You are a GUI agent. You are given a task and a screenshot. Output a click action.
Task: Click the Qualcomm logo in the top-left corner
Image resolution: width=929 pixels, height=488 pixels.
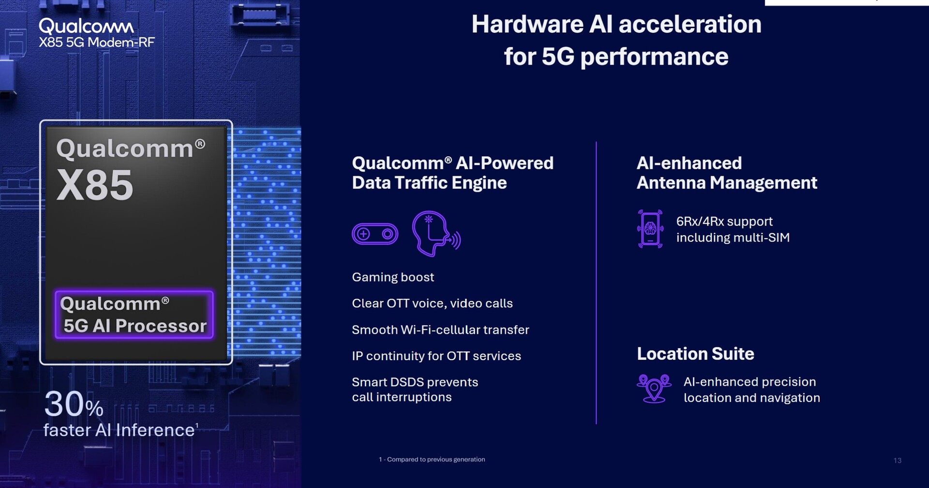pos(87,26)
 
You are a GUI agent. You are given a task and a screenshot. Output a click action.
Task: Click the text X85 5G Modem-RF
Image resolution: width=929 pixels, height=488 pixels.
pos(97,43)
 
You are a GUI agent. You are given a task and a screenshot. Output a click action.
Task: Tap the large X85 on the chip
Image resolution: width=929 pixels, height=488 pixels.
pos(95,185)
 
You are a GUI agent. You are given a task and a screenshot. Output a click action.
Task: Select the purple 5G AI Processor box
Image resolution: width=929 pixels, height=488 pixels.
pos(134,315)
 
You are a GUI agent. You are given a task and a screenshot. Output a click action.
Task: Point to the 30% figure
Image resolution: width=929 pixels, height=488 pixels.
pos(74,404)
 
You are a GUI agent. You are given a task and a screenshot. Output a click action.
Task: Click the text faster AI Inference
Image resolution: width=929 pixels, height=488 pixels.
pos(119,430)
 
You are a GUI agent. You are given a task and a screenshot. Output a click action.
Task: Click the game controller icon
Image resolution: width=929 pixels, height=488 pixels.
pos(375,234)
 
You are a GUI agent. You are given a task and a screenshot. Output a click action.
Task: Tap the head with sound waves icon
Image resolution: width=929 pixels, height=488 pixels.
pos(436,233)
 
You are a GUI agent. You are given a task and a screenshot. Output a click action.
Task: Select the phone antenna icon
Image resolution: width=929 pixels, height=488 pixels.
pos(650,229)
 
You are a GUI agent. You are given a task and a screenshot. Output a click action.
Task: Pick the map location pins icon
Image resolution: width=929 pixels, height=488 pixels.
pos(654,388)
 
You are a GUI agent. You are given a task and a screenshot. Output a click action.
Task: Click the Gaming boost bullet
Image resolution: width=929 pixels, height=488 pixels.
pos(393,277)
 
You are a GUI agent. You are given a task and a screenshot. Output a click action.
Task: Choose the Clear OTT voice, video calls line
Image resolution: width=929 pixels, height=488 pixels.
pos(432,304)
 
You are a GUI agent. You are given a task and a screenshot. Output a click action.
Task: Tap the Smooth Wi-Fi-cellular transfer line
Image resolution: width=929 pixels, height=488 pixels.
pos(440,330)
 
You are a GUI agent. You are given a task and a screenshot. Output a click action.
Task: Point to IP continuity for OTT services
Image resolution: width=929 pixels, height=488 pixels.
pos(436,356)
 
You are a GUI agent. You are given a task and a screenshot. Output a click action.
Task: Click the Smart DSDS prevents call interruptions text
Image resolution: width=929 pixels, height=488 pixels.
pos(415,390)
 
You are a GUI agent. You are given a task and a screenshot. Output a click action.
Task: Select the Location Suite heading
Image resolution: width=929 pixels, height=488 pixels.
pos(695,354)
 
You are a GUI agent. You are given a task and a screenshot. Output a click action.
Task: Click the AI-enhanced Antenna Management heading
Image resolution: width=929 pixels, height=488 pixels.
pos(727,173)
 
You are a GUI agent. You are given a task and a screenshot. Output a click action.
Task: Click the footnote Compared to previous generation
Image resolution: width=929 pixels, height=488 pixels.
pos(432,459)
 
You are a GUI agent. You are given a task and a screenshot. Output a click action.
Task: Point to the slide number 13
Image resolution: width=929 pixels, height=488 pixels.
pos(898,460)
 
